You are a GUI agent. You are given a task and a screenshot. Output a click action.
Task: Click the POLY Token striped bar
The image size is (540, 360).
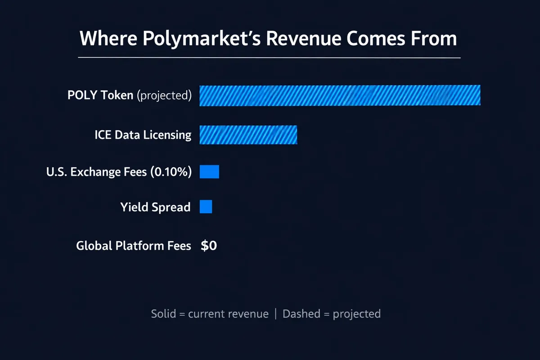click(340, 95)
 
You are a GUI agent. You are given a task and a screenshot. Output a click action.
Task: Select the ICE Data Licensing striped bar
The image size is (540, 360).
click(248, 135)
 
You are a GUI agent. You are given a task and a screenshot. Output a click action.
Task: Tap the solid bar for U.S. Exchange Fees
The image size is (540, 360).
click(209, 171)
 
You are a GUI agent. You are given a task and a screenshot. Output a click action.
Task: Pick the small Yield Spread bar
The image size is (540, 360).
click(206, 207)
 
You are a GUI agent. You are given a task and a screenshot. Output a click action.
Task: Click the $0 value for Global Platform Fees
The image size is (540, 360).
click(209, 246)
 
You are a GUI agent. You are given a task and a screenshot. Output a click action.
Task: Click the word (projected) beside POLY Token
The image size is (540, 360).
click(164, 95)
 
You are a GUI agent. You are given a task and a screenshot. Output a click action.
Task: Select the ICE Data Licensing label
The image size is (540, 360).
click(143, 135)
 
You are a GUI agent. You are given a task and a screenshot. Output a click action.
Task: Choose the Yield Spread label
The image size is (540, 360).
click(155, 207)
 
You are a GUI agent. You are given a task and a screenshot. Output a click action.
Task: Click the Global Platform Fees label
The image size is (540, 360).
click(134, 246)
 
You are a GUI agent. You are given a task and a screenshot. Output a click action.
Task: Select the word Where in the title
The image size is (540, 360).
click(108, 39)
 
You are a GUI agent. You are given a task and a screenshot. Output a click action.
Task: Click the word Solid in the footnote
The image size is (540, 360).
click(163, 314)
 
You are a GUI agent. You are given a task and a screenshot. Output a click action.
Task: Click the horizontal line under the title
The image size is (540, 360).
click(269, 58)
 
